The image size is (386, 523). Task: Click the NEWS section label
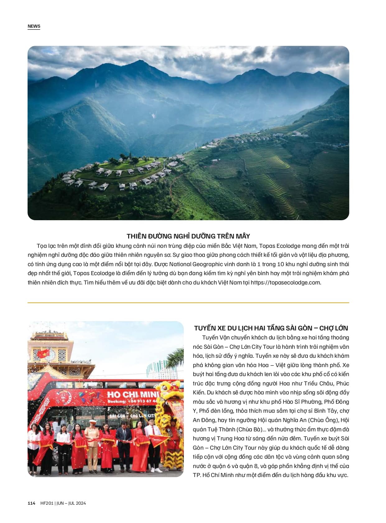pyautogui.click(x=34, y=26)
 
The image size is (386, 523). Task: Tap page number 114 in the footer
pyautogui.click(x=31, y=503)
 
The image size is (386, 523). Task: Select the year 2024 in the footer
pyautogui.click(x=81, y=503)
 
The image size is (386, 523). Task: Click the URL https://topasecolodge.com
pyautogui.click(x=286, y=283)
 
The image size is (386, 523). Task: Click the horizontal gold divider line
pyautogui.click(x=188, y=302)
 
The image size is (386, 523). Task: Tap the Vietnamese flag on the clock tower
pyautogui.click(x=43, y=353)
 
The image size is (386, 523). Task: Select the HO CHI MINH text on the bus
pyautogui.click(x=133, y=395)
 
